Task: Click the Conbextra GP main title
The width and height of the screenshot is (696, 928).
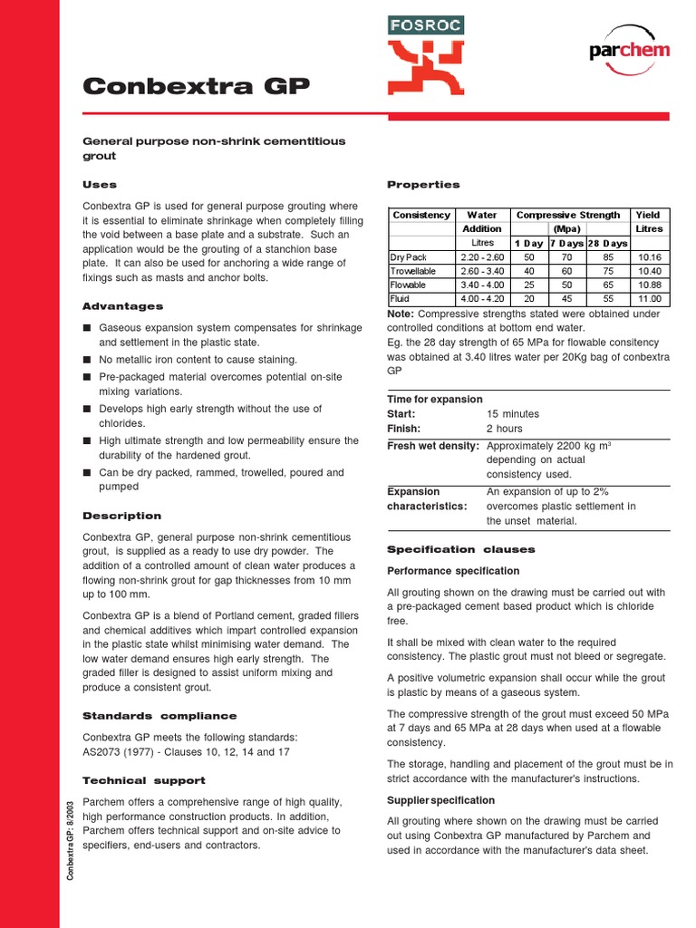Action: [196, 86]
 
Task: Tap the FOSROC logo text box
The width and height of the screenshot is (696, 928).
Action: [426, 25]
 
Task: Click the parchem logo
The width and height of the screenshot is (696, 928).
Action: [629, 50]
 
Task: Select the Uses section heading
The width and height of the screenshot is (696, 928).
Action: [100, 184]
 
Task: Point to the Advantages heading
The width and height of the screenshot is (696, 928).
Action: [122, 306]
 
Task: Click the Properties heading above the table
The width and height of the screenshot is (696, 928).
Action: [423, 184]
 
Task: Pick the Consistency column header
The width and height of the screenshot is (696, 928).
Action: [421, 215]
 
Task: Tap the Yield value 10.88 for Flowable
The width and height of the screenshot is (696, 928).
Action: [649, 285]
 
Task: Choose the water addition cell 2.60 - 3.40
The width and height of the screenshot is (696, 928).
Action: [482, 271]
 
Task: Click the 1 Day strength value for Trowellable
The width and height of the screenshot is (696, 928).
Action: [529, 271]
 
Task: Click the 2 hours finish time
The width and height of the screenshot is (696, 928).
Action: [505, 429]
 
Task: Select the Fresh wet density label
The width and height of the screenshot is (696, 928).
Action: [434, 446]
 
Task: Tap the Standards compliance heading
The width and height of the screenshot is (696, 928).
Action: [159, 716]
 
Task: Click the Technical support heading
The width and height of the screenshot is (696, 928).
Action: [143, 780]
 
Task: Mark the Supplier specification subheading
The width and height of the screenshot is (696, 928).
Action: [440, 800]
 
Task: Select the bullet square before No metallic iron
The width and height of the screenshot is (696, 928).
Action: [87, 360]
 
